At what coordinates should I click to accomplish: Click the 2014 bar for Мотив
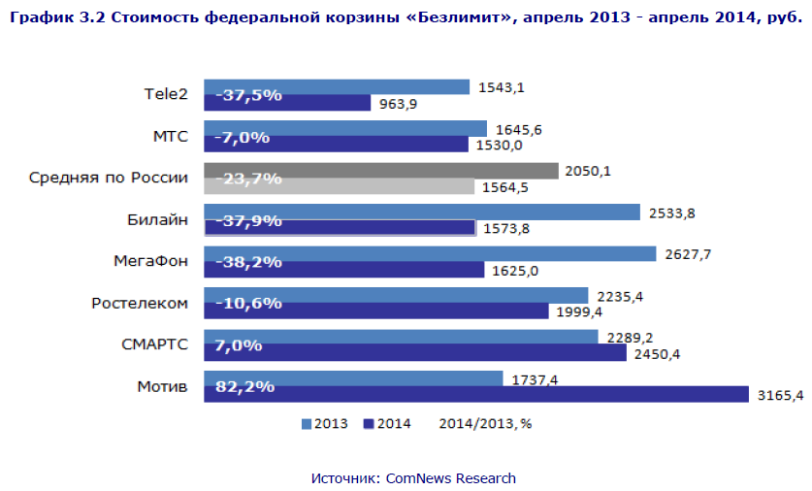pyautogui.click(x=475, y=394)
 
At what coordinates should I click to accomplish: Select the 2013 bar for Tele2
pyautogui.click(x=337, y=86)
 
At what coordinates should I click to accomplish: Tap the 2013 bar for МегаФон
pyautogui.click(x=430, y=253)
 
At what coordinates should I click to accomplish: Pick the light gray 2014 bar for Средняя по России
pyautogui.click(x=339, y=186)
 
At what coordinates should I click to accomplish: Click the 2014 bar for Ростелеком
pyautogui.click(x=375, y=311)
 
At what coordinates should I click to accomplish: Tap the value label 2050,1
pyautogui.click(x=591, y=171)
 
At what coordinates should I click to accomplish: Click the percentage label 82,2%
pyautogui.click(x=244, y=386)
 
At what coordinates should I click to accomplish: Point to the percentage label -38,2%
pyautogui.click(x=248, y=261)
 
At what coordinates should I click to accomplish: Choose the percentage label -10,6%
pyautogui.click(x=248, y=303)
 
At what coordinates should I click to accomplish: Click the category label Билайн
pyautogui.click(x=157, y=219)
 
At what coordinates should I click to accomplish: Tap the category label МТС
pyautogui.click(x=170, y=136)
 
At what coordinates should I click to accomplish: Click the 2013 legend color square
pyautogui.click(x=307, y=424)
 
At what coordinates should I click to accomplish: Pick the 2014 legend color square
pyautogui.click(x=368, y=424)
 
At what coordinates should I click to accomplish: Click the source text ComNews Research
pyautogui.click(x=450, y=478)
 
